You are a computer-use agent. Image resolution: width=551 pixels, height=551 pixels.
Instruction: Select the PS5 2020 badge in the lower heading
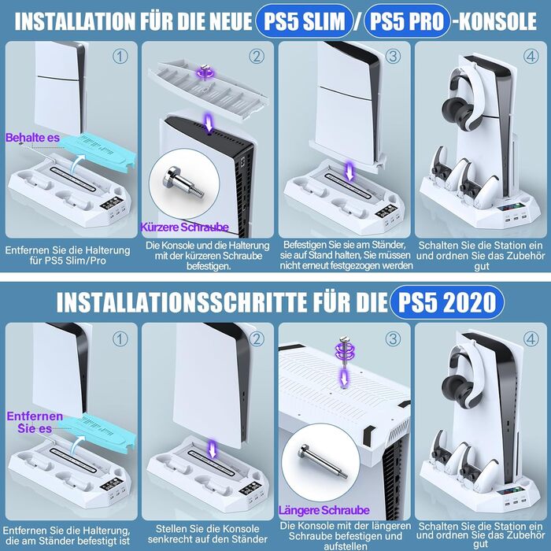[x=446, y=301]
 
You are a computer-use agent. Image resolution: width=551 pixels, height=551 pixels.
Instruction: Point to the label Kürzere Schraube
[x=184, y=227]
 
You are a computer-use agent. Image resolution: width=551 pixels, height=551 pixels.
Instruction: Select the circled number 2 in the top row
[x=257, y=56]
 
